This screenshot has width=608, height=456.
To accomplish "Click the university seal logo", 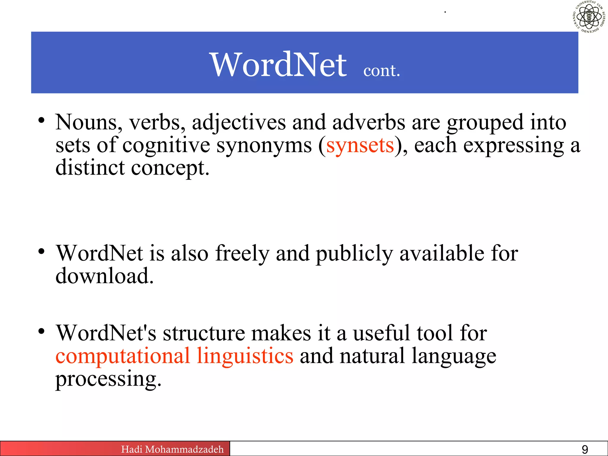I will pyautogui.click(x=589, y=17).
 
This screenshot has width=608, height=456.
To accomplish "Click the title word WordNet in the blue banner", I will pyautogui.click(x=278, y=64).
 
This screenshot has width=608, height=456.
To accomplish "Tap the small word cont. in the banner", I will pyautogui.click(x=382, y=71).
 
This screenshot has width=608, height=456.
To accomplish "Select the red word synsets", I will pyautogui.click(x=360, y=145).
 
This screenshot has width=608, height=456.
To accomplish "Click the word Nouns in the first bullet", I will pyautogui.click(x=89, y=122).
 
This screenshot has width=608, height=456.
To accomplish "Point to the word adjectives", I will pyautogui.click(x=239, y=122).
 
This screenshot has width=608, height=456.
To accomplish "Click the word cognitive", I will pyautogui.click(x=166, y=145).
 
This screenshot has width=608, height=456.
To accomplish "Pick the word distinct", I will pyautogui.click(x=90, y=168).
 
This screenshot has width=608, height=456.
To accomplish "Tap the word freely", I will pyautogui.click(x=242, y=254).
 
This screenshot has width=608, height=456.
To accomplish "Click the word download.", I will pyautogui.click(x=104, y=276).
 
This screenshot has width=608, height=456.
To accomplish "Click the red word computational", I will pyautogui.click(x=123, y=356).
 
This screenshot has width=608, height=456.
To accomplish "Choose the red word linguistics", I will pyautogui.click(x=245, y=356).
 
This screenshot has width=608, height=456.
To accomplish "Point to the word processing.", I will pyautogui.click(x=108, y=379).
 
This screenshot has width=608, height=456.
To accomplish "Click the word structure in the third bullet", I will pyautogui.click(x=204, y=333).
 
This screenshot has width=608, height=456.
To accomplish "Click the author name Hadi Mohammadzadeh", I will pyautogui.click(x=172, y=449).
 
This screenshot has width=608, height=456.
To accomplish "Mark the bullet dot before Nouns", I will pyautogui.click(x=41, y=121).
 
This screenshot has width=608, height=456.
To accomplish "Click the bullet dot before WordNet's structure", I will pyautogui.click(x=41, y=331).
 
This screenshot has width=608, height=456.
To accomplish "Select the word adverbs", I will pyautogui.click(x=368, y=122).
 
